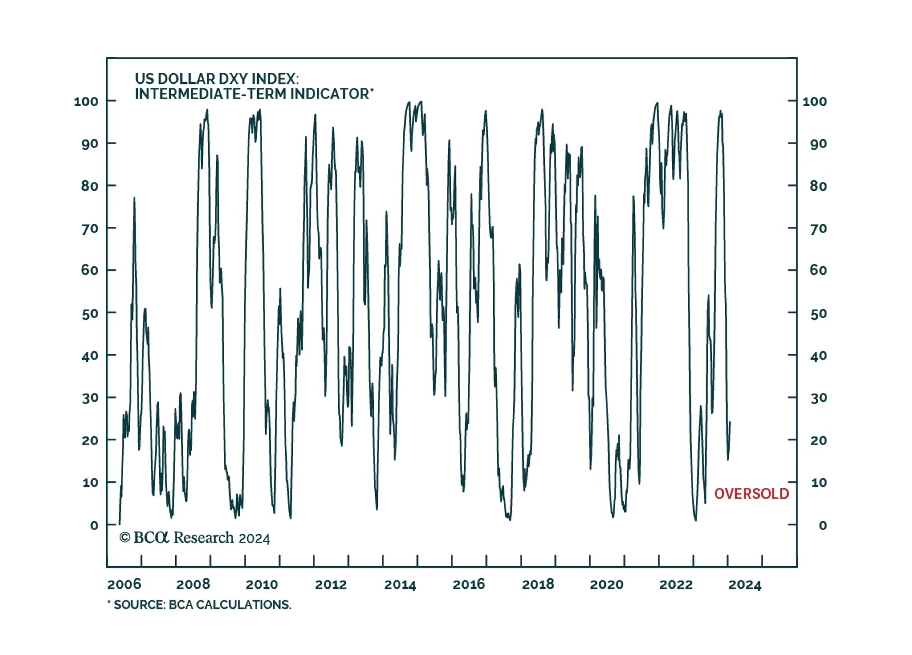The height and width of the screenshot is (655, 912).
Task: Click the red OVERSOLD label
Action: pyautogui.click(x=751, y=494)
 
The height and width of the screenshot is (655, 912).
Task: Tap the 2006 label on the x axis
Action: pyautogui.click(x=124, y=584)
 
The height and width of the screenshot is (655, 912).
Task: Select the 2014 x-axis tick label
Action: pyautogui.click(x=400, y=584)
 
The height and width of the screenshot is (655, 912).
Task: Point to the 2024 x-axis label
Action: pyautogui.click(x=744, y=584)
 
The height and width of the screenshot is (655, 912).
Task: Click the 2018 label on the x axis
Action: pyautogui.click(x=538, y=584)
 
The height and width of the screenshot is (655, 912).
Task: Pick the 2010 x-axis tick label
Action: pyautogui.click(x=262, y=584)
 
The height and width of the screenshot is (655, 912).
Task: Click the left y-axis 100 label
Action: pyautogui.click(x=86, y=101)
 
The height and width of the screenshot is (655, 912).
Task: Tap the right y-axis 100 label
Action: pyautogui.click(x=815, y=101)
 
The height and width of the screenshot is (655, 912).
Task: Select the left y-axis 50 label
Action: pyautogui.click(x=89, y=314)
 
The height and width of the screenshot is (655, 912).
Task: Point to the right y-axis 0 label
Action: pyautogui.click(x=822, y=525)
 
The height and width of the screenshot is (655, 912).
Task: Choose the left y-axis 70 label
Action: pyautogui.click(x=89, y=229)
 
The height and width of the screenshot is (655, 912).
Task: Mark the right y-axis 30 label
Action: pyautogui.click(x=819, y=398)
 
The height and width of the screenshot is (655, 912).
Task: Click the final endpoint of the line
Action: pyautogui.click(x=730, y=422)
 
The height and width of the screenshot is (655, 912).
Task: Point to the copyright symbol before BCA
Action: pyautogui.click(x=125, y=538)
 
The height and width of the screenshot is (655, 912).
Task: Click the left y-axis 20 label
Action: pyautogui.click(x=89, y=440)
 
